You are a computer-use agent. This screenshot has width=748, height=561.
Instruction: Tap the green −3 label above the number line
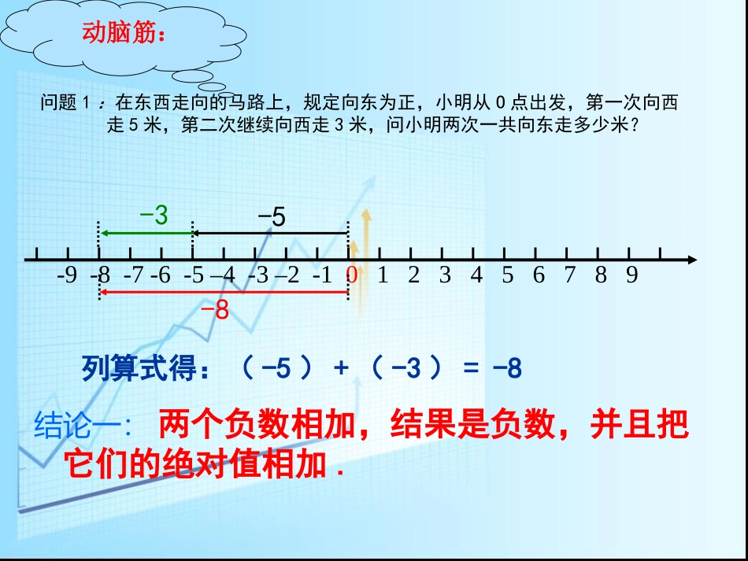point(154,216)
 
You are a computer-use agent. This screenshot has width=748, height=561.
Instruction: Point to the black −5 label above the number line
point(272,216)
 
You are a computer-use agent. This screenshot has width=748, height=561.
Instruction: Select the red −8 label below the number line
point(214,311)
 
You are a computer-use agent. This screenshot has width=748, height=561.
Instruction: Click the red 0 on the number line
point(352,275)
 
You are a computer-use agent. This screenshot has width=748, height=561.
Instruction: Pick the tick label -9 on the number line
point(68,275)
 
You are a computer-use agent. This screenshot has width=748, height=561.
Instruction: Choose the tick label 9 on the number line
point(631,275)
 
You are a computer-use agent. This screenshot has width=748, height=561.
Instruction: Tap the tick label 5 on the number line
point(507,275)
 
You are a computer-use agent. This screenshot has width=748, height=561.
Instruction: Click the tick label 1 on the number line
point(383,275)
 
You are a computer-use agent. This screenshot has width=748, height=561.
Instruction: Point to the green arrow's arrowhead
point(104,233)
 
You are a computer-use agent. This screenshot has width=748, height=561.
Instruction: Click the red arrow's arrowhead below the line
point(104,293)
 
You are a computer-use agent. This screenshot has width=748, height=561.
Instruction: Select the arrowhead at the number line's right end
point(691,260)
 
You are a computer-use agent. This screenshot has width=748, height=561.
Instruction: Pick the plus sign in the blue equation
point(341,368)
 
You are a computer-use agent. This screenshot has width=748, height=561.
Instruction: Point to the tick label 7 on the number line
point(569,275)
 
